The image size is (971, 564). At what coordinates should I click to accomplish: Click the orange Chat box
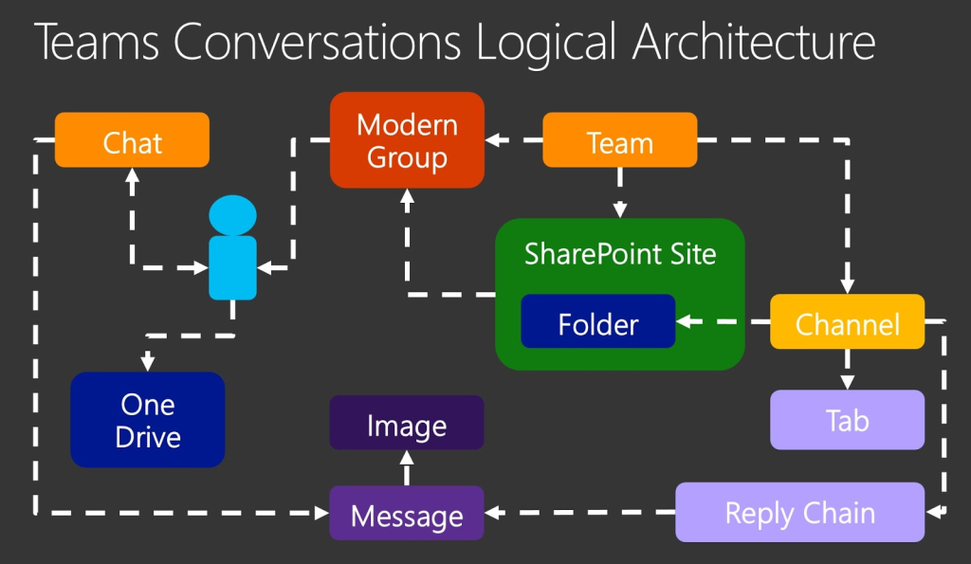pyautogui.click(x=132, y=140)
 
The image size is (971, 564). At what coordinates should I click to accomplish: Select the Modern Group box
pyautogui.click(x=407, y=140)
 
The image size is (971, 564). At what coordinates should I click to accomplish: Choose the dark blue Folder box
pyautogui.click(x=597, y=322)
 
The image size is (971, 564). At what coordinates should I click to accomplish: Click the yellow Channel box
pyautogui.click(x=847, y=322)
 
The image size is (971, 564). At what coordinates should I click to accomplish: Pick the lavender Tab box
pyautogui.click(x=847, y=419)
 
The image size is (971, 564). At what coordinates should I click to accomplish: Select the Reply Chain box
pyautogui.click(x=799, y=513)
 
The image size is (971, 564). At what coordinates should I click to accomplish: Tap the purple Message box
pyautogui.click(x=407, y=514)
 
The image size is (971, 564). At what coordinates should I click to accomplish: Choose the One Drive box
pyautogui.click(x=148, y=420)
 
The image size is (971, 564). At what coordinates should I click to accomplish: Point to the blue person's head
pyautogui.click(x=232, y=215)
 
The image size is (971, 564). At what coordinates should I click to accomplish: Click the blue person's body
pyautogui.click(x=232, y=267)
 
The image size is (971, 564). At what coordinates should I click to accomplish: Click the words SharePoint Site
pyautogui.click(x=620, y=254)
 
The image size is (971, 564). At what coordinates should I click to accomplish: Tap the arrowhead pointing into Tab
pyautogui.click(x=847, y=380)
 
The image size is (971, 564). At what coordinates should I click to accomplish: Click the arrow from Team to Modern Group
pyautogui.click(x=513, y=140)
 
